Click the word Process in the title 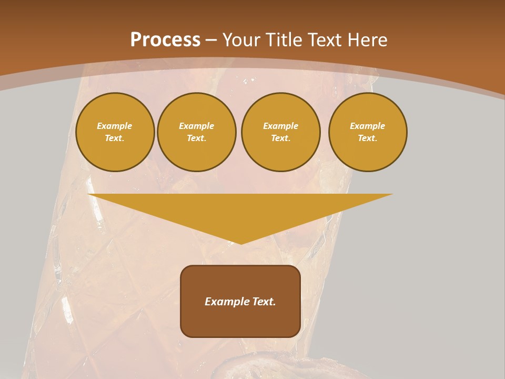tap(165, 40)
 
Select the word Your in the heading tap(241, 40)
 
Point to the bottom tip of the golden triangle tap(241, 243)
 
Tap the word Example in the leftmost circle tap(115, 126)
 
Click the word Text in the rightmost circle tap(367, 138)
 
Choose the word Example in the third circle tap(281, 126)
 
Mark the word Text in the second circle tap(196, 138)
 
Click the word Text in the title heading tap(322, 40)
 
